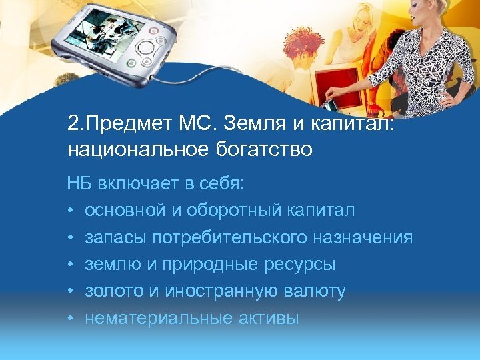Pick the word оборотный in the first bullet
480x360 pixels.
pos(246,210)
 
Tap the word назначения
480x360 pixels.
pos(373,237)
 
